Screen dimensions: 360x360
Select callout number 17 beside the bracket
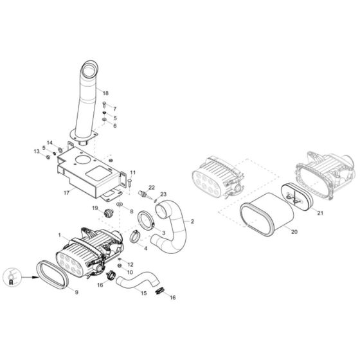tap(66, 192)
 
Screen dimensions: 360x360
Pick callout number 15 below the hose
tap(144, 293)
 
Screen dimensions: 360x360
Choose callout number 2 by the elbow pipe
tap(192, 221)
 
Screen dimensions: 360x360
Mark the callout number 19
tap(94, 208)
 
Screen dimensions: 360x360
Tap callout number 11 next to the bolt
tap(133, 173)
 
